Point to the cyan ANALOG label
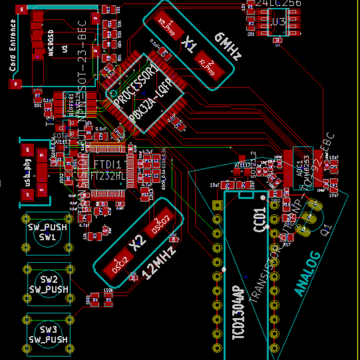(308, 273)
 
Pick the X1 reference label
(191, 43)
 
